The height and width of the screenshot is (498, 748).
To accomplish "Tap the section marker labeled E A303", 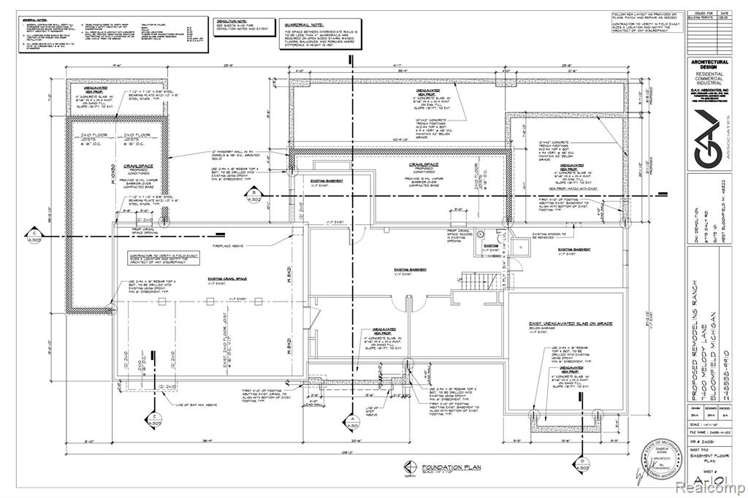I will pyautogui.click(x=155, y=420).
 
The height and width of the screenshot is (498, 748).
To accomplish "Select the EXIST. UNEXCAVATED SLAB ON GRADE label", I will pyautogui.click(x=570, y=323).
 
